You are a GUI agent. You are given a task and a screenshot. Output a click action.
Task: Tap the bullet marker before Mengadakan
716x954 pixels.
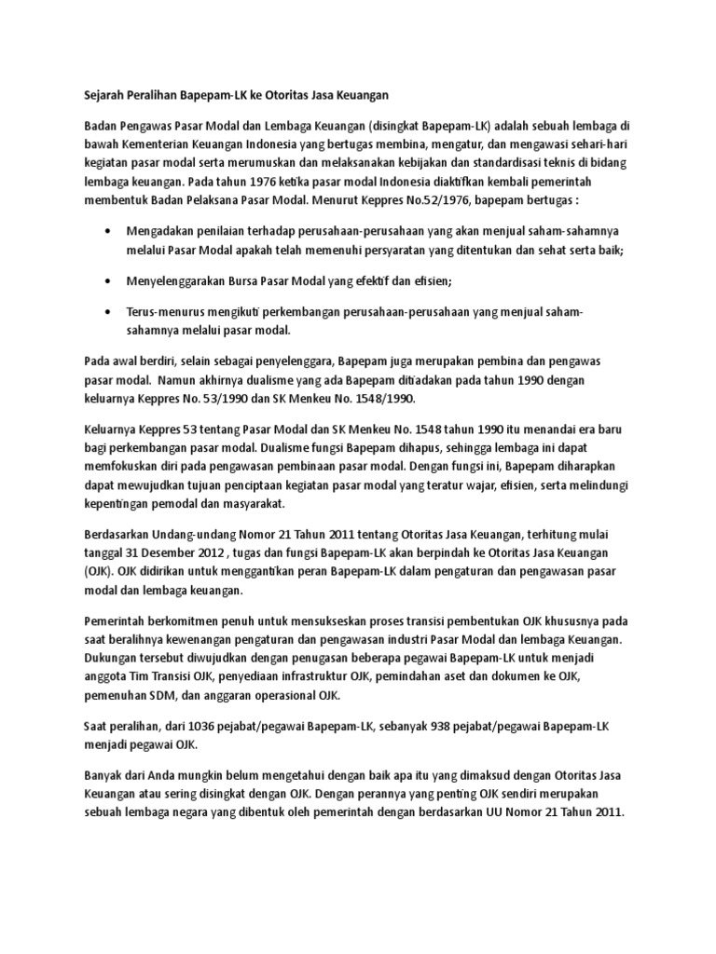coord(111,229)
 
